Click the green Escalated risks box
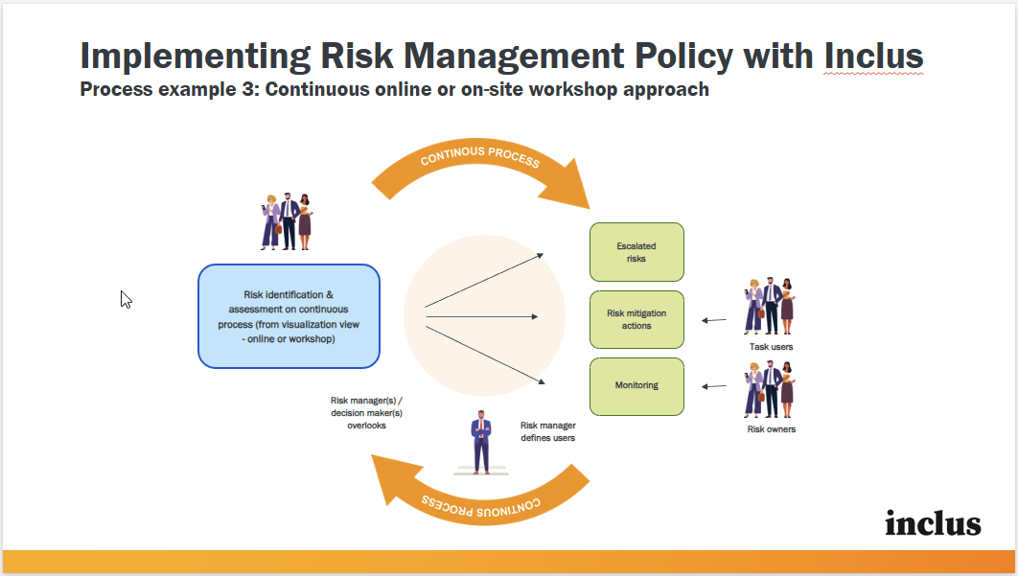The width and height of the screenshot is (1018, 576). pyautogui.click(x=636, y=252)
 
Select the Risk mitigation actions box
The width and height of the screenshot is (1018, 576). pyautogui.click(x=636, y=319)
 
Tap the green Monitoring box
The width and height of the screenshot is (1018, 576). pyautogui.click(x=636, y=386)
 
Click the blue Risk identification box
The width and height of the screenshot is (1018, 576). pyautogui.click(x=289, y=316)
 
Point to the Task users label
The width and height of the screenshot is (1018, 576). pyautogui.click(x=771, y=347)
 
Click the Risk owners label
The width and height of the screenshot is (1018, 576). pyautogui.click(x=771, y=429)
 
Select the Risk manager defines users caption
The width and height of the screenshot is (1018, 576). pyautogui.click(x=548, y=431)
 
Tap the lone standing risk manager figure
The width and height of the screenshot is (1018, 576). pyautogui.click(x=481, y=441)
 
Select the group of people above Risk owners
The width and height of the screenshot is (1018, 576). pyautogui.click(x=770, y=389)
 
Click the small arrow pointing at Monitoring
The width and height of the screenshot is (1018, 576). pyautogui.click(x=713, y=386)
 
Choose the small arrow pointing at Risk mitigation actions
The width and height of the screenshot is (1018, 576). pyautogui.click(x=713, y=320)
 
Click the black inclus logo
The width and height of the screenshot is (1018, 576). pyautogui.click(x=933, y=523)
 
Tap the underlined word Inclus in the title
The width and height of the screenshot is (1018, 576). pyautogui.click(x=873, y=56)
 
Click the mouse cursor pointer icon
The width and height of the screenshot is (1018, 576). pyautogui.click(x=126, y=299)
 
